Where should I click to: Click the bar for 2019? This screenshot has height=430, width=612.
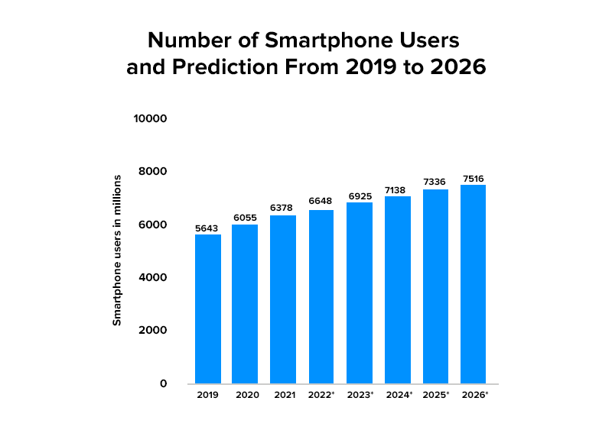click(208, 309)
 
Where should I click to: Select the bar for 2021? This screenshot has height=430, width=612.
click(283, 299)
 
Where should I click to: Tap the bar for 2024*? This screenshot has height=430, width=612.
click(397, 289)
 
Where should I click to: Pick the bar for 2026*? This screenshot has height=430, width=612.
click(473, 284)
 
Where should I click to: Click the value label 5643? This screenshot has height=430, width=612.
click(208, 227)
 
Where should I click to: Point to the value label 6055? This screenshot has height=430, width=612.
click(246, 217)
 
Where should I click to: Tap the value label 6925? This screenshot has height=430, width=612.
click(359, 195)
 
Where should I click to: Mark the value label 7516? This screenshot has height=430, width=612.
click(473, 178)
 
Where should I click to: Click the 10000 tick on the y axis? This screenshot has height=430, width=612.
click(151, 118)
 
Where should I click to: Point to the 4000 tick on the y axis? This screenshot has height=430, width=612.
click(153, 277)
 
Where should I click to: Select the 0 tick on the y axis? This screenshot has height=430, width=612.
click(163, 383)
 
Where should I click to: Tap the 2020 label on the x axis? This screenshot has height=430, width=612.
click(246, 396)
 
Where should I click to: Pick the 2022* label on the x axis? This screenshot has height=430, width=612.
click(322, 396)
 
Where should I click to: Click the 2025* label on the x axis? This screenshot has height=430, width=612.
click(435, 396)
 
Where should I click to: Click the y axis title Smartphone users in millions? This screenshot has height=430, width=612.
click(117, 251)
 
